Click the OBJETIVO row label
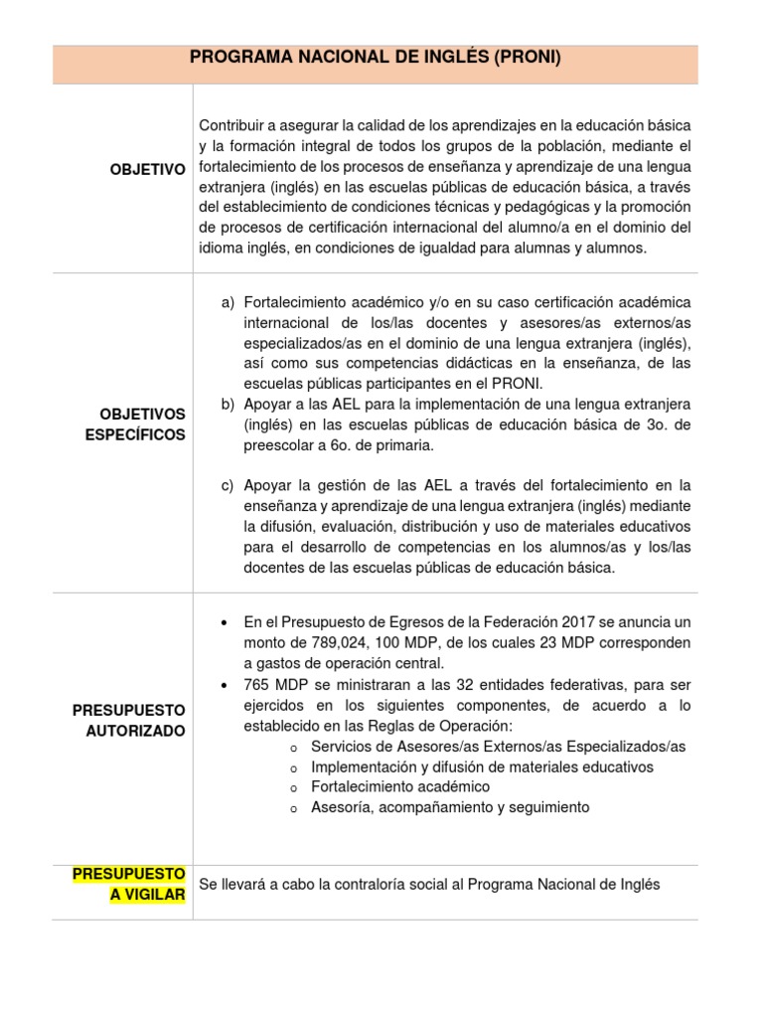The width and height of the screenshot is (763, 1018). point(147,170)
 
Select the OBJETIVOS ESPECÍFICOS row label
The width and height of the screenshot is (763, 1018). point(143,424)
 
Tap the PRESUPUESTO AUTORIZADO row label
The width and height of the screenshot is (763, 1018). point(129,721)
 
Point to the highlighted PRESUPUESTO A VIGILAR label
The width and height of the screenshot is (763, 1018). point(129,883)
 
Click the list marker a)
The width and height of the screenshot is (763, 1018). point(229,302)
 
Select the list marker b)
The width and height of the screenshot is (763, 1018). point(229,405)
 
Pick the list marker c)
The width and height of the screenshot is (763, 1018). point(229,486)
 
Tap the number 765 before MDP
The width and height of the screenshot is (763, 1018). point(256,686)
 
